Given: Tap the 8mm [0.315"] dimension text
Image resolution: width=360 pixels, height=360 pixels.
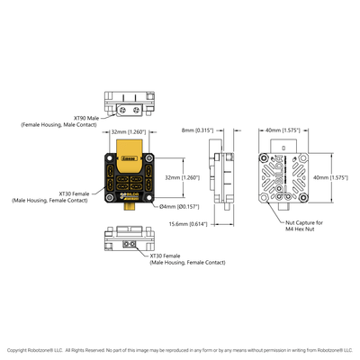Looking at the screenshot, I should (x=196, y=130).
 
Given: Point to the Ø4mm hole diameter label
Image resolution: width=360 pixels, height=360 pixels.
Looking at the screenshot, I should (x=178, y=206).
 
